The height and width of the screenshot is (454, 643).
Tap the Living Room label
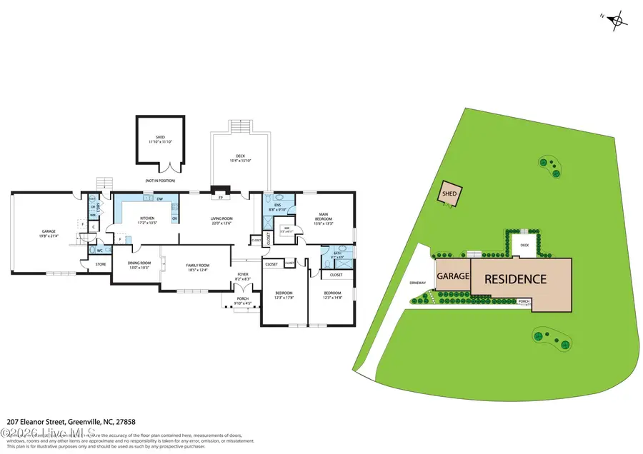pos(221,219)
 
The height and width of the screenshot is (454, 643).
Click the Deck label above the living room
pos(241,159)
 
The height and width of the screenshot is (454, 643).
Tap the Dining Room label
pos(139,263)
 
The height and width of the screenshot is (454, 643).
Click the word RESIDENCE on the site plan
pos(515,280)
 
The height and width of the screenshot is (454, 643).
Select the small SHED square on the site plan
pos(449,193)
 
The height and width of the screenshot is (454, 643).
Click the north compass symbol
pos(618,21)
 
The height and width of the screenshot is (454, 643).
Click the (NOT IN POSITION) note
pos(160,181)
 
